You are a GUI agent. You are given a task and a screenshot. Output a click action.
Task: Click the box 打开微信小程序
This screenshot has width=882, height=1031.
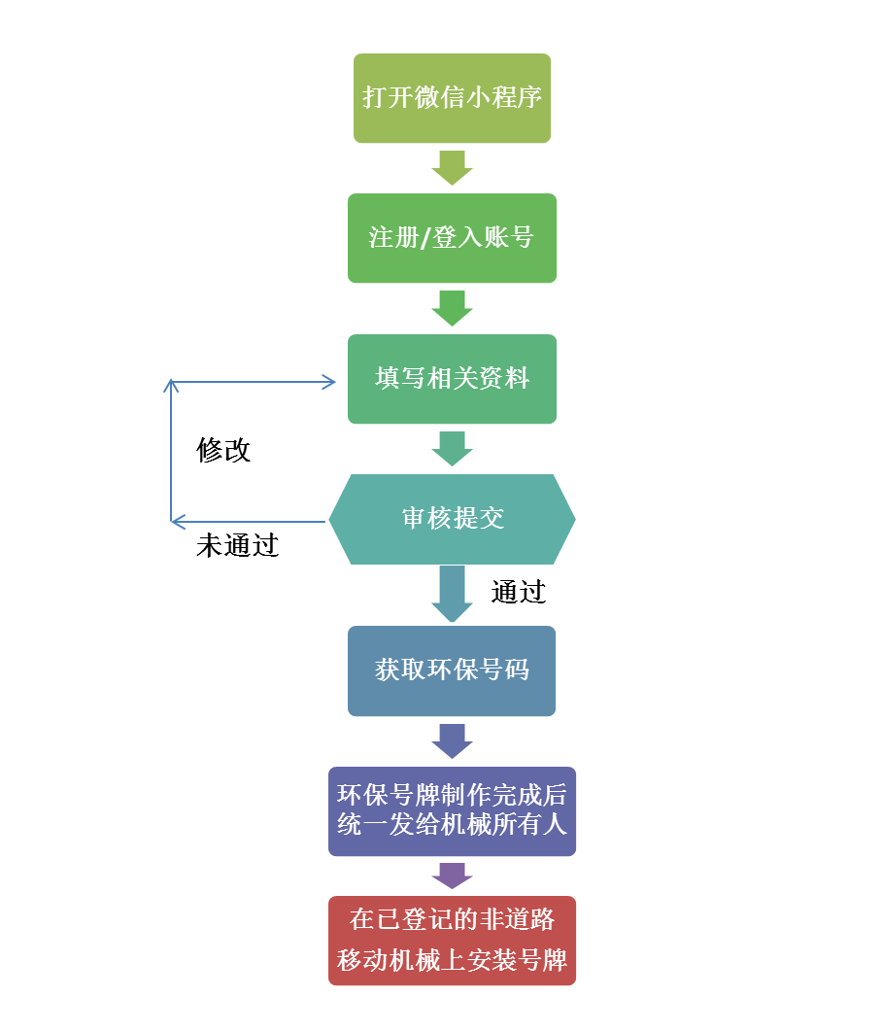coord(452,98)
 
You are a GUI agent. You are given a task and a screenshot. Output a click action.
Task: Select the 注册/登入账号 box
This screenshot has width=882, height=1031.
coord(452,238)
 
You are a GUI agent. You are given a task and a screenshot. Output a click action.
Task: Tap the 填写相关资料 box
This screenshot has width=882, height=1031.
coord(452,379)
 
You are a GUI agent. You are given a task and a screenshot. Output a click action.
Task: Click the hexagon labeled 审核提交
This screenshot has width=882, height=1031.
coord(452,519)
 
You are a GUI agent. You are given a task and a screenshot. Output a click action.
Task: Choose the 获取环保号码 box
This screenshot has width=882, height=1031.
coord(452,670)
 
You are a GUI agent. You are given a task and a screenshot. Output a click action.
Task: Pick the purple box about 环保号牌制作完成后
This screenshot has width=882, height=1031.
coord(452,810)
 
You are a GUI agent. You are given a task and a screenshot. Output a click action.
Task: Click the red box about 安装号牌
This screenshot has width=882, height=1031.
coord(452,941)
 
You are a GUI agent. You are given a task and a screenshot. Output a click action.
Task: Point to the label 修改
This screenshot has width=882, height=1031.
coord(224,450)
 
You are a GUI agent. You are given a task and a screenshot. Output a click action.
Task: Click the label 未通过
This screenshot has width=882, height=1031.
coord(238,546)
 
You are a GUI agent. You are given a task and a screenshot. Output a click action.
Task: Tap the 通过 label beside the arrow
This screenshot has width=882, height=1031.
coord(519,592)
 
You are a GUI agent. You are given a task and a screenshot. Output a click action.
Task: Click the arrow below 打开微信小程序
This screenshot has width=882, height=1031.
coord(452,167)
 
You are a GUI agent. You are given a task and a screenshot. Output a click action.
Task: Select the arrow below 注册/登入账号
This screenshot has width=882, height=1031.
coord(452,308)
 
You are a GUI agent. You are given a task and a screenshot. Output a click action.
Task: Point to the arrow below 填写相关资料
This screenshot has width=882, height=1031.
coord(452,449)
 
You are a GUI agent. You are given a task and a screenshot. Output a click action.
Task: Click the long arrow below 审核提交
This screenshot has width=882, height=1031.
coord(452,594)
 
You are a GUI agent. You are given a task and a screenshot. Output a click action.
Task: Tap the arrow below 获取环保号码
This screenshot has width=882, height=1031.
coord(452,740)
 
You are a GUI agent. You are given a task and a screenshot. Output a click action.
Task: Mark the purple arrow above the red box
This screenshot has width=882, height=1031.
coord(452,876)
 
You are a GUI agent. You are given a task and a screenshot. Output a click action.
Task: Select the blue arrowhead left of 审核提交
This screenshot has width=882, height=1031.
coord(178,522)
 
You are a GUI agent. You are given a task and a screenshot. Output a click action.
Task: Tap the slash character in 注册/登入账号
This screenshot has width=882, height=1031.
coord(424,238)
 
